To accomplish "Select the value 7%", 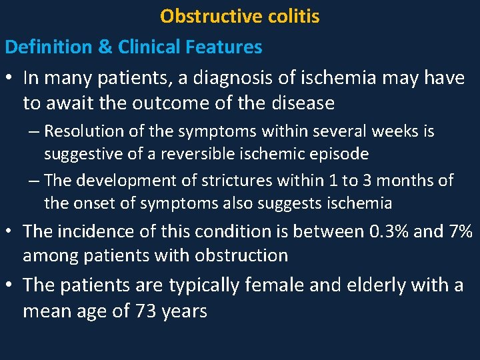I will (459, 231).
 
